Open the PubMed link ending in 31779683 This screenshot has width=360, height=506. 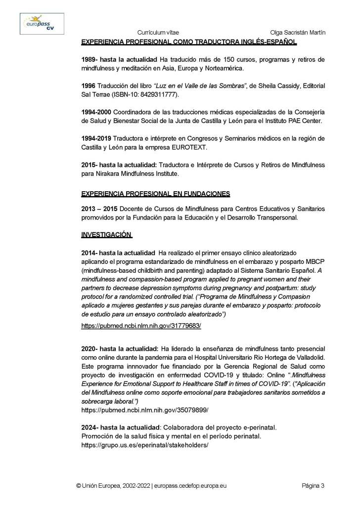pos(141,327)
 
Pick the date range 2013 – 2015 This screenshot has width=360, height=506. pos(103,208)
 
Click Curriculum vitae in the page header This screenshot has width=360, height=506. pos(157,33)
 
